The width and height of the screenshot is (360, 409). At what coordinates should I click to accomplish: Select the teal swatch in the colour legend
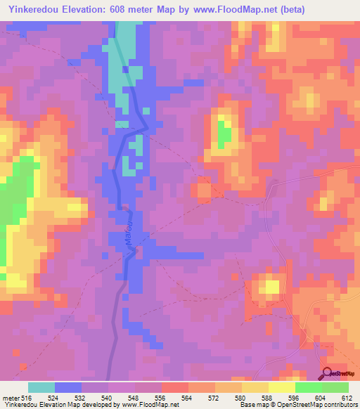coord(41,387)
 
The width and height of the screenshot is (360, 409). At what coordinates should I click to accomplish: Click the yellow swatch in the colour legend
coord(282,387)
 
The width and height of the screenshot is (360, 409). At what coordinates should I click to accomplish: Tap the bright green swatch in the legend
coord(309,387)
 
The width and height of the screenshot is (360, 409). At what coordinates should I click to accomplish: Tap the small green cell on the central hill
coord(224,134)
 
